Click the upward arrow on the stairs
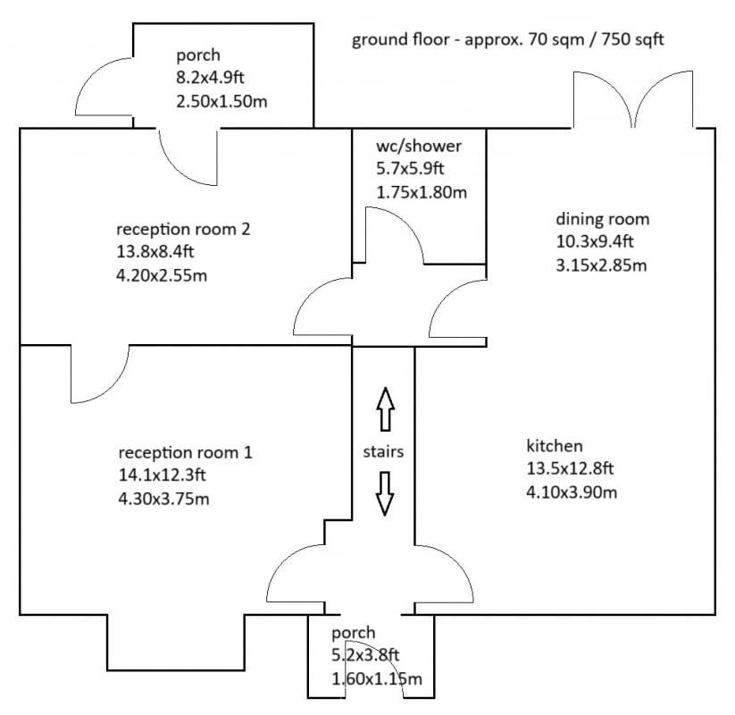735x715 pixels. pos(385,409)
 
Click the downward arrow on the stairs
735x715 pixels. pos(385,493)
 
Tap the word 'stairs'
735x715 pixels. pos(383,451)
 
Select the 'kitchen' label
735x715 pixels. pos(555,445)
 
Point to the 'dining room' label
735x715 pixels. pos(602,219)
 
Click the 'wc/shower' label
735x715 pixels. pos(419,146)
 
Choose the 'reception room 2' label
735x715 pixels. pos(183,229)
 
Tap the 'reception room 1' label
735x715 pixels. pos(185,452)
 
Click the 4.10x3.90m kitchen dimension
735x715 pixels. pos(572,492)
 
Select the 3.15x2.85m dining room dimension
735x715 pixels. pos(601,265)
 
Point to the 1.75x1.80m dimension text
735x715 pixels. pos(422,192)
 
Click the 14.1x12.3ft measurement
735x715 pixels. pos(163,475)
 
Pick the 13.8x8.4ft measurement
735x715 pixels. pos(155,251)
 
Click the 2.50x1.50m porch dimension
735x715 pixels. pos(221,101)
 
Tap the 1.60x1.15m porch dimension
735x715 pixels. pos(377,678)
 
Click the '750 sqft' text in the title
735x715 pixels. pos(633,39)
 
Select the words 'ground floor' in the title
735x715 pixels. pos(400,39)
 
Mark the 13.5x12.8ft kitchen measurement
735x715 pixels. pos(570,468)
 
